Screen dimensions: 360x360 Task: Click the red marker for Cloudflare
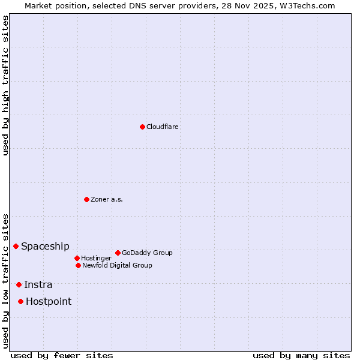142,127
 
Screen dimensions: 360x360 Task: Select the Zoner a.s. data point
86,199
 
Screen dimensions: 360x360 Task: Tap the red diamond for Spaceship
16,246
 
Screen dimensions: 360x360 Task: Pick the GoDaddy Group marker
118,253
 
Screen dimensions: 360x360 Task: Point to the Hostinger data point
77,258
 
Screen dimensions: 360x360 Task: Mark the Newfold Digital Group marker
78,265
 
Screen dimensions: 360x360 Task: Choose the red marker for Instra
19,284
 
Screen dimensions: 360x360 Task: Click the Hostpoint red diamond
20,301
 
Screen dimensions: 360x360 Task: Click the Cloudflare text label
163,127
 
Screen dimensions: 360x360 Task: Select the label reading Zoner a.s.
107,199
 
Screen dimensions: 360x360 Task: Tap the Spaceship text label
45,246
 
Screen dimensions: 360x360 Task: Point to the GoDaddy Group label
147,253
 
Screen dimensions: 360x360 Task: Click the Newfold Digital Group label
117,265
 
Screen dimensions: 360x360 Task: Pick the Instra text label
38,284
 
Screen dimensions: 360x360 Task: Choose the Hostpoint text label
48,301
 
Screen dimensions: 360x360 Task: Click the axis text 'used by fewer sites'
62,355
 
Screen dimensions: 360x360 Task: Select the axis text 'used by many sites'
301,355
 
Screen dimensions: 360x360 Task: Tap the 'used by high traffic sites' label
5,85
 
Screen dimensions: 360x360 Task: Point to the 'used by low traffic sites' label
5,281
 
